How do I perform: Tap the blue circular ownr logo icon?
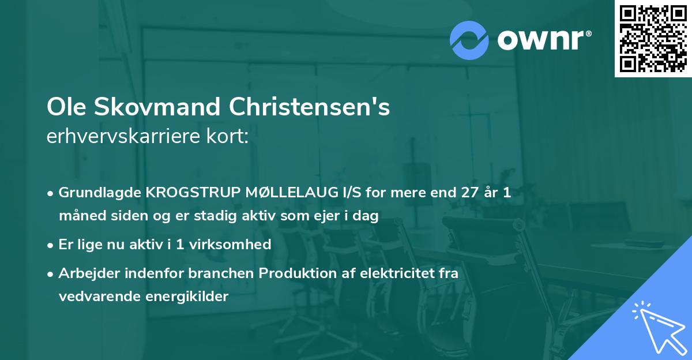469,39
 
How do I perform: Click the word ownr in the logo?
543,39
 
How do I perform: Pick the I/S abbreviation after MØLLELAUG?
339,193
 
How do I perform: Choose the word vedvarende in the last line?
96,297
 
